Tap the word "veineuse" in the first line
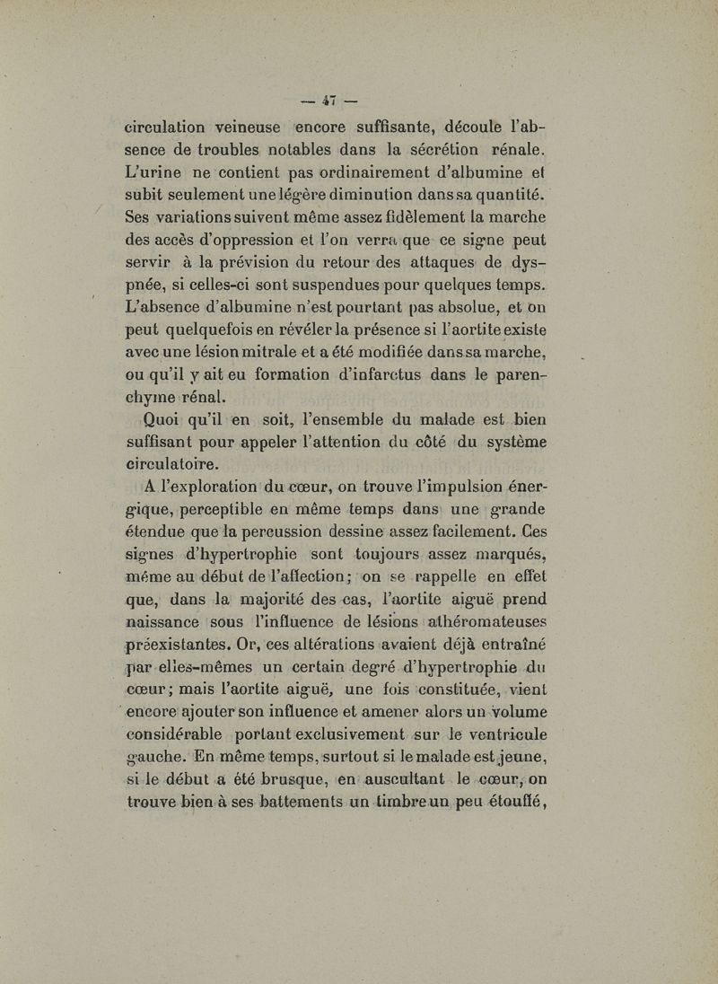pyautogui.click(x=238, y=127)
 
